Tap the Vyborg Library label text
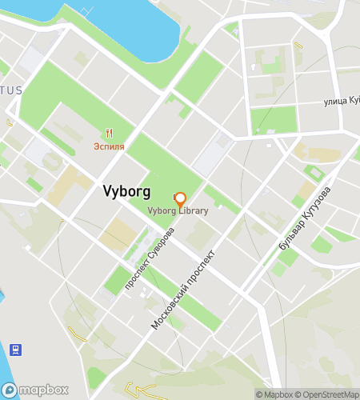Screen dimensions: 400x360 [178, 211]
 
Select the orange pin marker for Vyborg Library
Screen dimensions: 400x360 [179, 198]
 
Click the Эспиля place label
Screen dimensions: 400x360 [108, 147]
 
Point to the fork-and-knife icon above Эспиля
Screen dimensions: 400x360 [108, 134]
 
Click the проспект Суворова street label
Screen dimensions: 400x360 [149, 254]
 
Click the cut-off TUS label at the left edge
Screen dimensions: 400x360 [10, 90]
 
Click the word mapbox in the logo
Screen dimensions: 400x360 [45, 390]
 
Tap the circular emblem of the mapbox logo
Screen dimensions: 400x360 [12, 390]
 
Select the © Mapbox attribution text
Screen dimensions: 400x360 [274, 394]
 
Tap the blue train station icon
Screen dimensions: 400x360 [14, 349]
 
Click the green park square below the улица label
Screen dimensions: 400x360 [274, 120]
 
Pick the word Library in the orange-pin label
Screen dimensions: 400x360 [194, 211]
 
